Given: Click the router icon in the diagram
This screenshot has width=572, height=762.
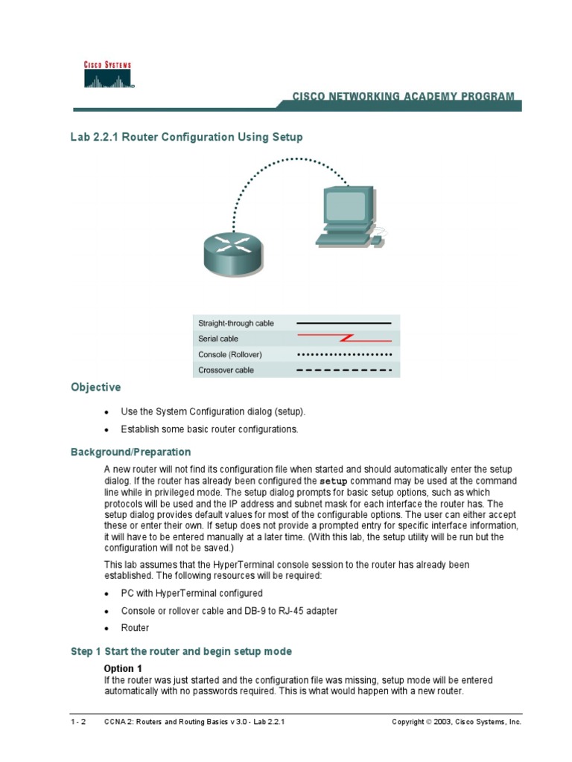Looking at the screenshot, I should point(232,252).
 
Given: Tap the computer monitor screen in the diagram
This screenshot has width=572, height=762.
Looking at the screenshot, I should point(346,205).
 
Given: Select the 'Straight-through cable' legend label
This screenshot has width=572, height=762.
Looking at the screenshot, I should point(235,324).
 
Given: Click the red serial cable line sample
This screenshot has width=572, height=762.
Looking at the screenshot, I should point(343,339).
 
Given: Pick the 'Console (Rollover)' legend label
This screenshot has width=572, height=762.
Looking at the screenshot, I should point(230,354).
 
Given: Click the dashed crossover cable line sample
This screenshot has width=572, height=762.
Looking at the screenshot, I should point(343,370).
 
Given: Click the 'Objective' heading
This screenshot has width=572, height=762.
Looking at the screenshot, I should point(95,388).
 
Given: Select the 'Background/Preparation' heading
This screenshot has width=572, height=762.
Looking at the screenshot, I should point(130,452).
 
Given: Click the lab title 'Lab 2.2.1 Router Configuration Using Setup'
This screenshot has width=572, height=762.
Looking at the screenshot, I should point(186,138).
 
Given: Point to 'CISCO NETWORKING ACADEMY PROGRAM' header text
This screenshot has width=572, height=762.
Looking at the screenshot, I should point(402,97).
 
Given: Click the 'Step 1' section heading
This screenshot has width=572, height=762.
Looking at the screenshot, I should point(181,652).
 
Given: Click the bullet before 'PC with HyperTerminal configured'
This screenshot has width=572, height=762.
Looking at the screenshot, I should point(107,594).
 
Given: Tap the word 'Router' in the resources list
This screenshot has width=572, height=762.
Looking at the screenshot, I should point(135,628).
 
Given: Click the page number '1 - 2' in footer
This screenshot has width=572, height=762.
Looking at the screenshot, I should point(78,722).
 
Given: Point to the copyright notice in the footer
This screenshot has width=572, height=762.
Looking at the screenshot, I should point(456,722).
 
